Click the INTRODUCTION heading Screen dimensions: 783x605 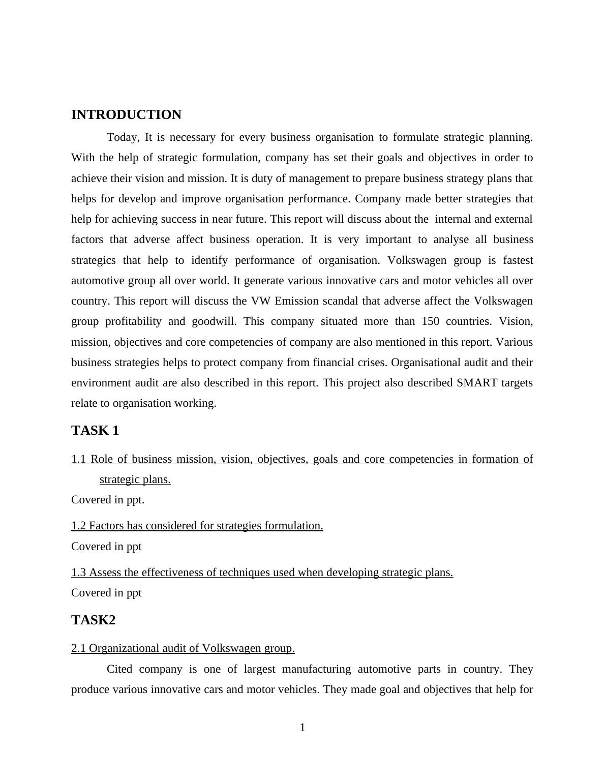coord(126,115)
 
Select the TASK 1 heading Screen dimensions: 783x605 coord(95,431)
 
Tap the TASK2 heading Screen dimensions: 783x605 coord(94,620)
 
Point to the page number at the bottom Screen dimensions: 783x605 coord(302,728)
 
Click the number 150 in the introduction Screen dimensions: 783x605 coord(432,321)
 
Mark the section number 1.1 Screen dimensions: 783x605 coord(78,459)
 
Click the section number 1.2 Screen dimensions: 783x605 coord(78,526)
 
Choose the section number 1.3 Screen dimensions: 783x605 coord(78,573)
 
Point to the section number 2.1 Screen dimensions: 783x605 coord(78,648)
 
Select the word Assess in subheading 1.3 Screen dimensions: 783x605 coord(105,573)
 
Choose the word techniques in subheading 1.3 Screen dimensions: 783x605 coord(246,573)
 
